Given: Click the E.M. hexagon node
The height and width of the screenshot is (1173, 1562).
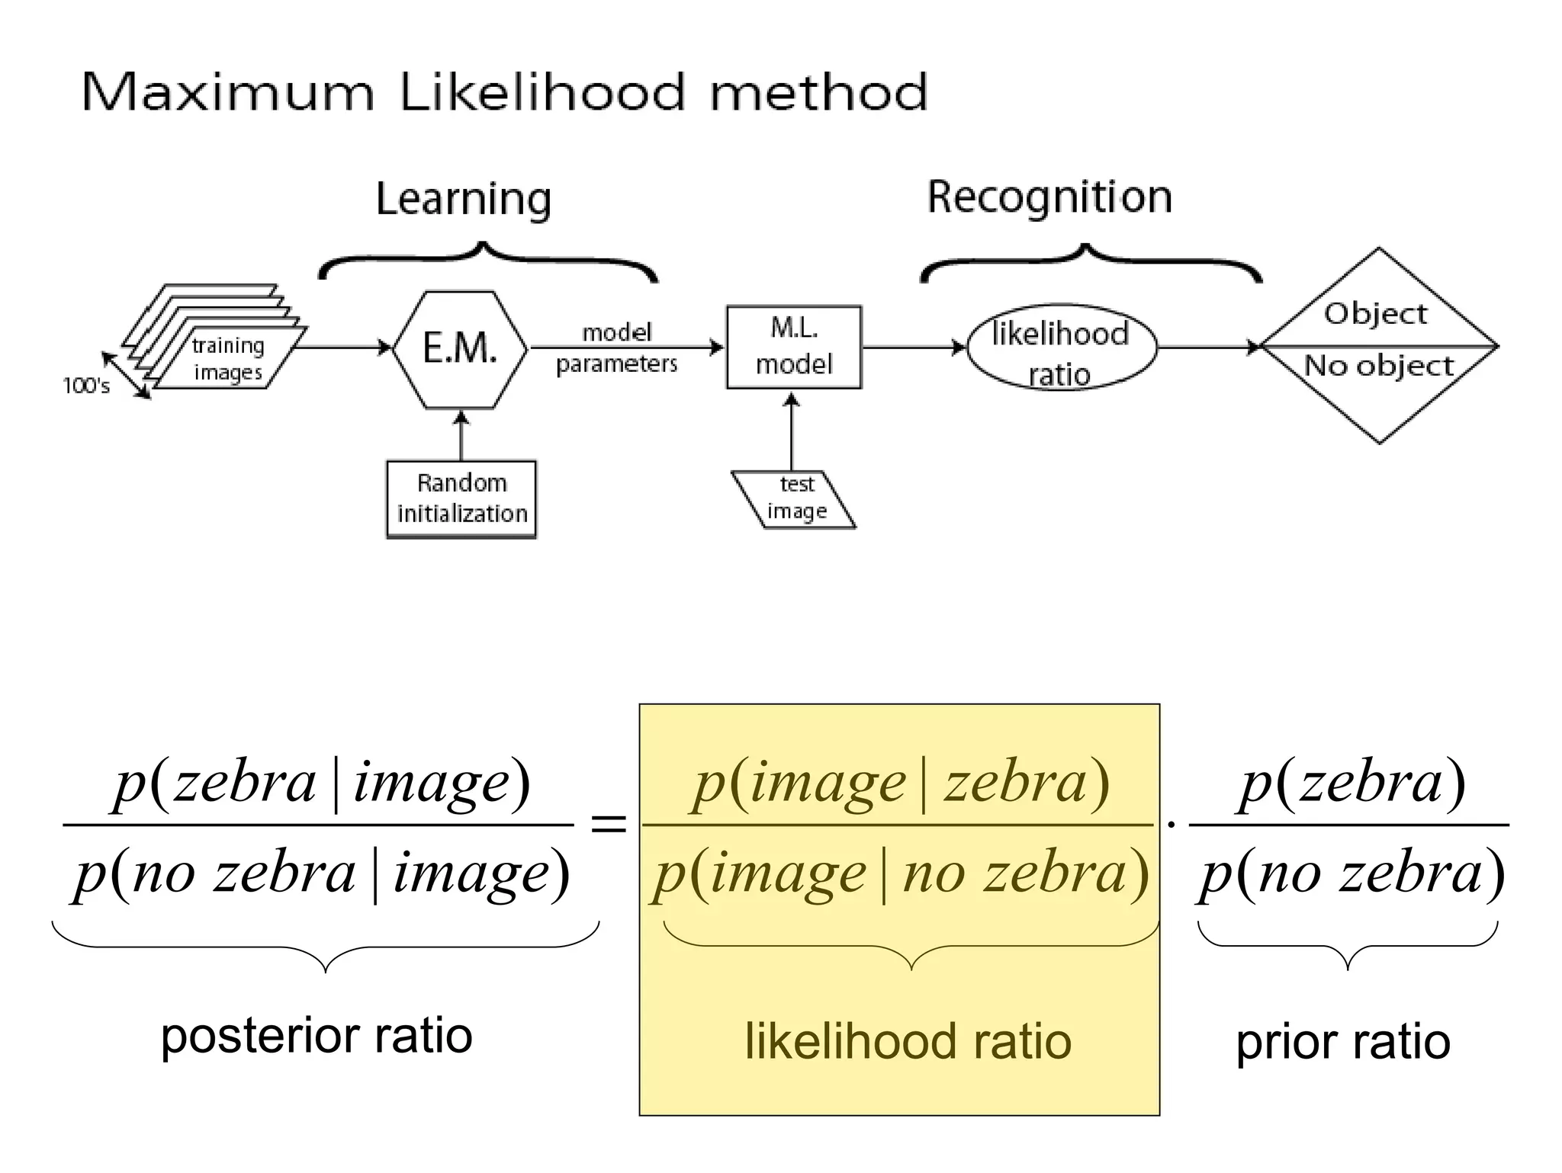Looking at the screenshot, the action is coord(460,349).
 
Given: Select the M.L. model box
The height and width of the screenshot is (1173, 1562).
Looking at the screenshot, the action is coord(794,348).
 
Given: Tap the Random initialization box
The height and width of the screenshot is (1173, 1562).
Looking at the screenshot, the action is coord(461,499).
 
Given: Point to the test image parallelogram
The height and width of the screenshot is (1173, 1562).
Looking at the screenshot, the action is coord(794,499).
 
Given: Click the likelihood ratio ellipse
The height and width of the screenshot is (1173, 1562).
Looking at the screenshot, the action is coord(1062,349).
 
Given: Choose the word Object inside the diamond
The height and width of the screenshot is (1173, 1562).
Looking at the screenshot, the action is coord(1375,314).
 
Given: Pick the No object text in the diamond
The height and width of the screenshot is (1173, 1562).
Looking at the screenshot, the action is coord(1379,366).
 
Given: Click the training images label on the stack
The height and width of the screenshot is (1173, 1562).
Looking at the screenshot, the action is coord(227,358).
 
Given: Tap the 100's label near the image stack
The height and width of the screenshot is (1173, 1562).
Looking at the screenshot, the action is coord(86,386).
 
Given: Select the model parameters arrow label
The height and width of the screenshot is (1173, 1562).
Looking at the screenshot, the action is coord(616,348).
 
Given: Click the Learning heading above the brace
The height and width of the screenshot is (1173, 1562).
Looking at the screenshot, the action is coord(464,200).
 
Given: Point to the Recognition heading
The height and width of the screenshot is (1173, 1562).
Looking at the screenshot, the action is coord(1049,197).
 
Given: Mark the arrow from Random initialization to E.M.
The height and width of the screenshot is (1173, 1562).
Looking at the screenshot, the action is coord(460,434).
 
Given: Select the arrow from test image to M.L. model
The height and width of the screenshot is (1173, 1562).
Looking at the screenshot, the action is coord(792,431).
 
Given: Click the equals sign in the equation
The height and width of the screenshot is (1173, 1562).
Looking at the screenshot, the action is coord(609,824).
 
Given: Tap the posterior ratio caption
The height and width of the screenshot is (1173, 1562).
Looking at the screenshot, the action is coord(317,1037).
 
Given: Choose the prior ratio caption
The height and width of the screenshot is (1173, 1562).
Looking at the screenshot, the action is coord(1343,1041).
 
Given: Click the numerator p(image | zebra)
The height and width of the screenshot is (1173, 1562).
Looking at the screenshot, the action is coord(900,784).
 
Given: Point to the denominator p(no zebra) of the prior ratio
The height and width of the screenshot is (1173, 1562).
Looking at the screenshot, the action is coord(1351,873).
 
